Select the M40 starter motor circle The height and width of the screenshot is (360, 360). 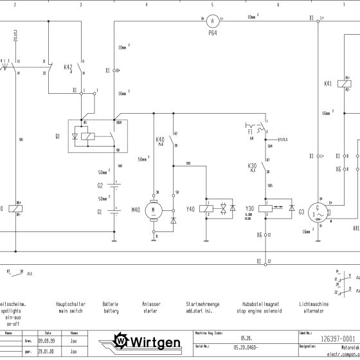pos(153,209)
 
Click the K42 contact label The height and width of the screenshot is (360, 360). pos(67,67)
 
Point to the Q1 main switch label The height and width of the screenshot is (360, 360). pos(58,136)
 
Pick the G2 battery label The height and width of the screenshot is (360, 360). pos(100,185)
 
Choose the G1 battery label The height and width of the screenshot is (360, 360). pos(100,211)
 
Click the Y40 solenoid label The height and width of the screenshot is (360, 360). pos(190,209)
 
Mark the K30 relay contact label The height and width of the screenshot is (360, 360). pos(252,166)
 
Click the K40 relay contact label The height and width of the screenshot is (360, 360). pos(160,139)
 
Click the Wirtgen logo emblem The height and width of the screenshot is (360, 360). pos(122,339)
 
